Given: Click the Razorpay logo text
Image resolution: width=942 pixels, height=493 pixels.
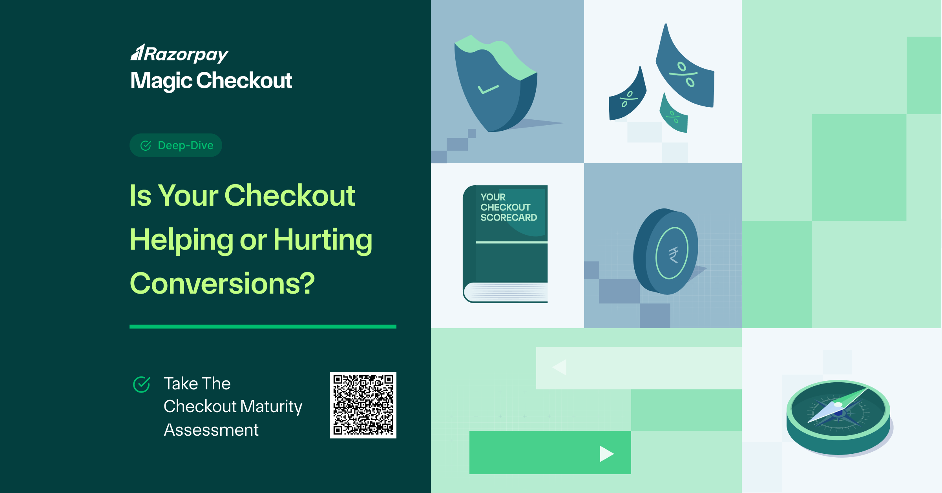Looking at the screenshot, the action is [179, 54].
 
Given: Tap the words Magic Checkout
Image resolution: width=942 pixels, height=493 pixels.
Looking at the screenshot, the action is [211, 81].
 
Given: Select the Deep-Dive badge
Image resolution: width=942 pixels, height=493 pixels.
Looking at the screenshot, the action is [176, 145].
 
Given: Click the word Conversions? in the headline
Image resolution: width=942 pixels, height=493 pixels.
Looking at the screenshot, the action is [222, 283].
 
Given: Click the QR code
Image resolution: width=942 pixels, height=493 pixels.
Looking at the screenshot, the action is [363, 405].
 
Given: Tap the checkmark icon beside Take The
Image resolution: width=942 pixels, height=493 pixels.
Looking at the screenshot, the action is [142, 384].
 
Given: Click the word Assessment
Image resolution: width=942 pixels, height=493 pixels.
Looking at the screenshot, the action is [211, 430].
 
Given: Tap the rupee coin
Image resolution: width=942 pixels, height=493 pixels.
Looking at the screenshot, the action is [666, 252].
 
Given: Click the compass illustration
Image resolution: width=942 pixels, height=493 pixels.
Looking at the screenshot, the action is [838, 417].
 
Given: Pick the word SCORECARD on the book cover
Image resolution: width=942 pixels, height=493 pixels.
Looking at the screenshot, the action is [509, 217].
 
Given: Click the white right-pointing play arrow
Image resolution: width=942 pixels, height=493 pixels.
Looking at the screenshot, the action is [607, 454].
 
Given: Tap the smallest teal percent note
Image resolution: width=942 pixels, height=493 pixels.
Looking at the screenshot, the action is [674, 114].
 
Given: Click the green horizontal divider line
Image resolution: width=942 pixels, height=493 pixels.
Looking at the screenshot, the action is [263, 327].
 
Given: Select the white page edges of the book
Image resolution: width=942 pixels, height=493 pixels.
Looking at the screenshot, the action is [506, 292].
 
